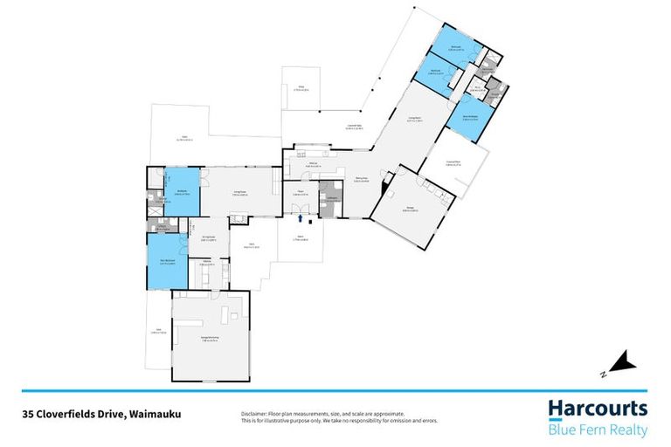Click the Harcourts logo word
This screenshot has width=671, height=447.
[x=598, y=409]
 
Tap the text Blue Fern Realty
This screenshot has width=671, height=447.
[x=598, y=430]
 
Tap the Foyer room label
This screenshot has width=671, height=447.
[x=298, y=192]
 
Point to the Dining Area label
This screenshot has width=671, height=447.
[x=362, y=181]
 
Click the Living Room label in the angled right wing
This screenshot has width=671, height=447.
[x=415, y=120]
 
